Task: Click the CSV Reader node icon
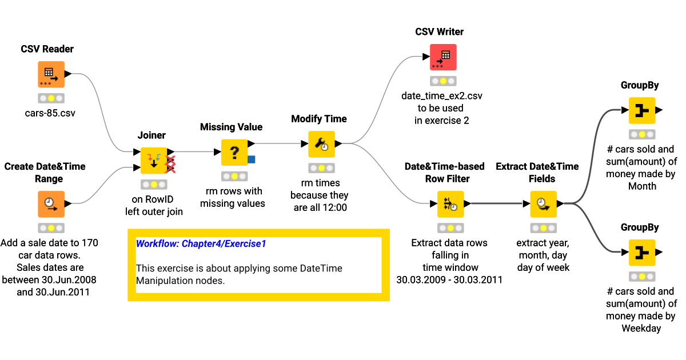(51, 74)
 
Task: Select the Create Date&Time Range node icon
(51, 204)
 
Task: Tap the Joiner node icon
(154, 161)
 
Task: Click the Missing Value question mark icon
(234, 153)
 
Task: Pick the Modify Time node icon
(321, 144)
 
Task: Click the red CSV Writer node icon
(443, 57)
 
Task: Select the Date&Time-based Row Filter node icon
(450, 204)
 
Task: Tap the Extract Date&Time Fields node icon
(543, 204)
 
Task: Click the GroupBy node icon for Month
(641, 110)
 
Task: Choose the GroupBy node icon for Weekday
(641, 253)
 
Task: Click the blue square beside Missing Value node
(252, 159)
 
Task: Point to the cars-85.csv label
(50, 113)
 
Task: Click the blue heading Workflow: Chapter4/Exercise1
(201, 244)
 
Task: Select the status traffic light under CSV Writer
(443, 81)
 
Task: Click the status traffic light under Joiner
(154, 185)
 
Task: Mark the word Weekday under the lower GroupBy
(641, 328)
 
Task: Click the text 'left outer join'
(154, 211)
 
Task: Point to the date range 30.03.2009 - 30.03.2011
(449, 279)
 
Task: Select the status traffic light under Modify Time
(321, 168)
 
